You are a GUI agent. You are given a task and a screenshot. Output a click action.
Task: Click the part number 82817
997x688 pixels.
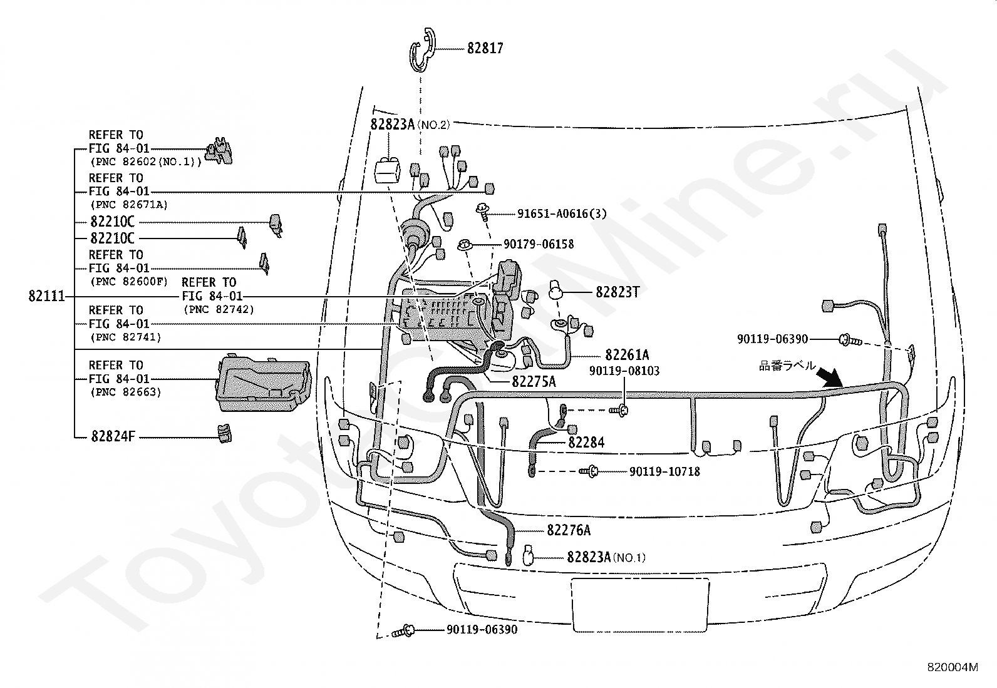[485, 48]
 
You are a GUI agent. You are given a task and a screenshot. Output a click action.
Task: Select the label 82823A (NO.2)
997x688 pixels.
[410, 124]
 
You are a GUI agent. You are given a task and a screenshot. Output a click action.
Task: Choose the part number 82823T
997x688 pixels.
[617, 292]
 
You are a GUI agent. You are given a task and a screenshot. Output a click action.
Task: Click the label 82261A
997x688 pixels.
[627, 355]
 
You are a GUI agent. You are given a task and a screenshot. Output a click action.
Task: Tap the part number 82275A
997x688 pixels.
[534, 381]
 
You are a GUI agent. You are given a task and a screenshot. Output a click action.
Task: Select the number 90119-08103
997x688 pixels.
[624, 371]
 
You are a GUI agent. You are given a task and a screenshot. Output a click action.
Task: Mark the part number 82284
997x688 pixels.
[586, 442]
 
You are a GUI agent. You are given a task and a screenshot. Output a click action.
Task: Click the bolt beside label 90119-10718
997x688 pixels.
[589, 471]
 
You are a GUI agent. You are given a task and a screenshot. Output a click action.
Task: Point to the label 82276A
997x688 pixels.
[569, 530]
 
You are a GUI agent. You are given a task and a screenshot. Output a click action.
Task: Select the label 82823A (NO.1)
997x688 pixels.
[606, 557]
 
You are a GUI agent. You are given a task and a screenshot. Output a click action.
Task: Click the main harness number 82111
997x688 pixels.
[47, 296]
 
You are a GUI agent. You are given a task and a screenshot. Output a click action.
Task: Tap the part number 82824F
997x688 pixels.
[113, 436]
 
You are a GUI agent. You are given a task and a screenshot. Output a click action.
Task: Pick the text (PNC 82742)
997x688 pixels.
[219, 309]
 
